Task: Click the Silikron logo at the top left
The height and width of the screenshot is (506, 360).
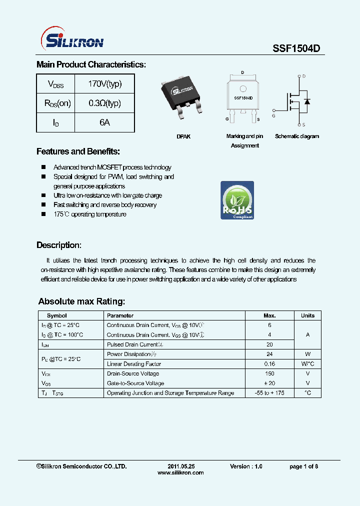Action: pyautogui.click(x=71, y=39)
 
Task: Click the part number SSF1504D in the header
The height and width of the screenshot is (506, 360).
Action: pyautogui.click(x=296, y=48)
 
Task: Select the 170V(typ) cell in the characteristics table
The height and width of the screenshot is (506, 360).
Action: pyautogui.click(x=104, y=84)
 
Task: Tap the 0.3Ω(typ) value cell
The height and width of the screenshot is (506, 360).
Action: pyautogui.click(x=104, y=103)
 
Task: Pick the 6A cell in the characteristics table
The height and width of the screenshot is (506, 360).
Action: pyautogui.click(x=104, y=122)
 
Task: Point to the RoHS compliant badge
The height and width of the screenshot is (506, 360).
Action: pyautogui.click(x=237, y=200)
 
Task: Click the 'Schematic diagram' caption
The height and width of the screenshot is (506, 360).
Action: pyautogui.click(x=297, y=136)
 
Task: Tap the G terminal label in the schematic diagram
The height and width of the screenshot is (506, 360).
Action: pyautogui.click(x=273, y=115)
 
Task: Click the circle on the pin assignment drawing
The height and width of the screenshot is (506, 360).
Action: pyautogui.click(x=243, y=88)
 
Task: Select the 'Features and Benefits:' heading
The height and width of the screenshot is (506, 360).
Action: pyautogui.click(x=78, y=151)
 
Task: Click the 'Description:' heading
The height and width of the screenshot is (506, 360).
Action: pyautogui.click(x=59, y=245)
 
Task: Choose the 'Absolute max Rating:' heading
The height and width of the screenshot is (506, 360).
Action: pyautogui.click(x=81, y=301)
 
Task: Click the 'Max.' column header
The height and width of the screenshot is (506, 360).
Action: pyautogui.click(x=269, y=315)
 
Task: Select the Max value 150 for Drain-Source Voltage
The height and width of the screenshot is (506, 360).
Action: pyautogui.click(x=269, y=373)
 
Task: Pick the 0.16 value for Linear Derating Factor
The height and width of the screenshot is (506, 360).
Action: pyautogui.click(x=269, y=364)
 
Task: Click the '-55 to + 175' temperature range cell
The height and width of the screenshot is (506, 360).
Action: pyautogui.click(x=269, y=393)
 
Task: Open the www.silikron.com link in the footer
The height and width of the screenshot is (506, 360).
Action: pyautogui.click(x=180, y=472)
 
